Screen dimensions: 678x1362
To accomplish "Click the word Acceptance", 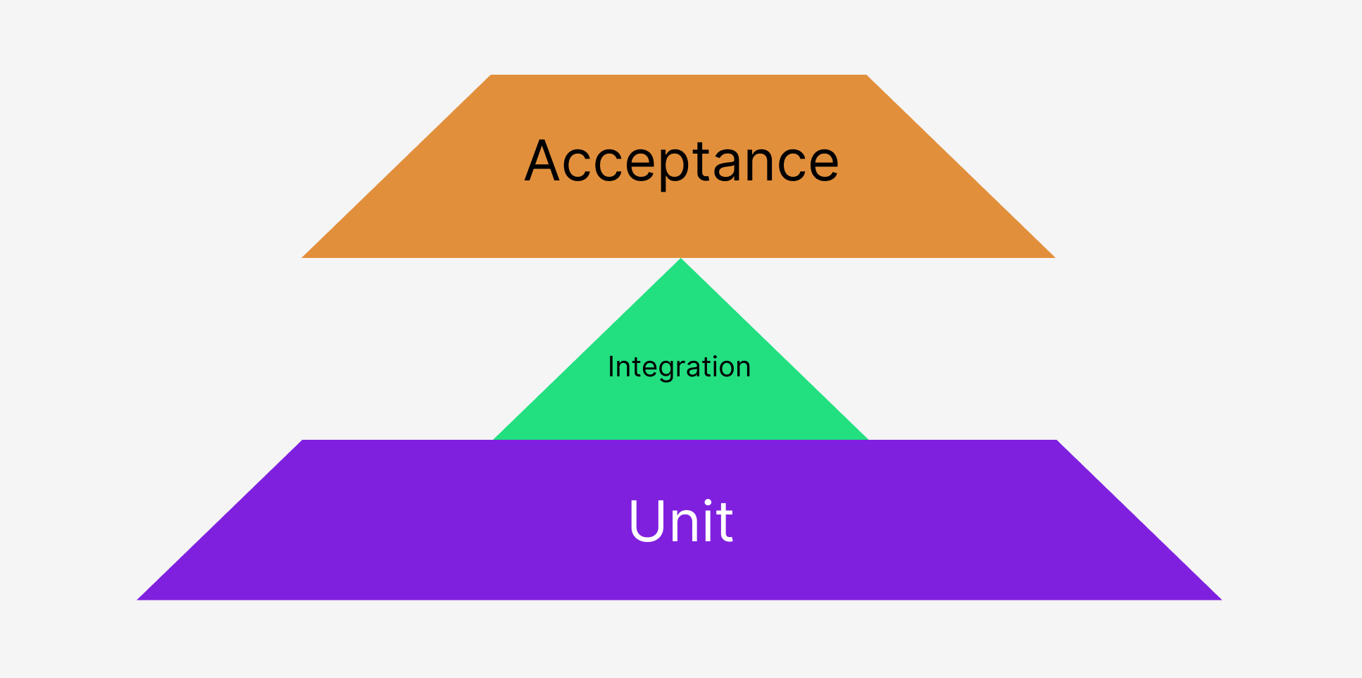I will pos(682,161).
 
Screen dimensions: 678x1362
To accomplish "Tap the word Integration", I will pos(679,367).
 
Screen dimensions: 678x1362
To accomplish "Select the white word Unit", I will pos(680,521).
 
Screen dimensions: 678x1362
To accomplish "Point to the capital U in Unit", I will pos(646,521).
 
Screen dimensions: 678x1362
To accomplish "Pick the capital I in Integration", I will pos(611,366).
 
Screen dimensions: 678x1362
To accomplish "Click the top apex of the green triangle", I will pos(681,259).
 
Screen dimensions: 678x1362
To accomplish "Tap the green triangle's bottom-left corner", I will pos(494,439).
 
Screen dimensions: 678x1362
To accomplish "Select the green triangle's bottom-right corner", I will pos(868,439).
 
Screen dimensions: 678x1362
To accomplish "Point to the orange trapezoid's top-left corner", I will pos(491,75).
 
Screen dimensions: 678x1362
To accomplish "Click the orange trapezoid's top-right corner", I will pos(866,75).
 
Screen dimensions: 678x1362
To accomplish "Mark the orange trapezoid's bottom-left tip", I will pos(303,257).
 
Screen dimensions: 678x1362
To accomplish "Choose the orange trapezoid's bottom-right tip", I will pos(1054,257).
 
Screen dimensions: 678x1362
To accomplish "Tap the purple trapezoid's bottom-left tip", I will pos(138,599).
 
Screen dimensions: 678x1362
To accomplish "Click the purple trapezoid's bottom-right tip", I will pos(1220,599).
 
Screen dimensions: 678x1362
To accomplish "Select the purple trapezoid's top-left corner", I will pos(303,440).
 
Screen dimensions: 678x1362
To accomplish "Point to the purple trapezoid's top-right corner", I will pos(1056,440).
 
